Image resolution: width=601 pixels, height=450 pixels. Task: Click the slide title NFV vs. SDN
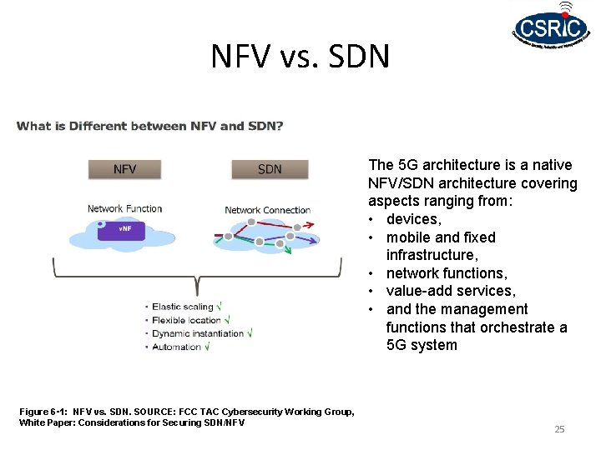coord(300,57)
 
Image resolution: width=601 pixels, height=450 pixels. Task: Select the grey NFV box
coord(125,169)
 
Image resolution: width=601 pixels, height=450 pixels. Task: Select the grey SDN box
coord(270,169)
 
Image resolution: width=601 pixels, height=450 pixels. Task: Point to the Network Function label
coord(125,208)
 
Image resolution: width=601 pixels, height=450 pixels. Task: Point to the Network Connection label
coord(267,210)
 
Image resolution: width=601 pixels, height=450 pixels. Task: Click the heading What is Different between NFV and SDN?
coord(149,127)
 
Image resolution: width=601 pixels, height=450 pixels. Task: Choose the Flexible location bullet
coord(186,320)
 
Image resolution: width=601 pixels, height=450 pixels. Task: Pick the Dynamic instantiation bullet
coord(198,333)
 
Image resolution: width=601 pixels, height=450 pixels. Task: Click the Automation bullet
coord(176,347)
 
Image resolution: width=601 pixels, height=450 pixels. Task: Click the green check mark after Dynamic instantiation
coord(249,332)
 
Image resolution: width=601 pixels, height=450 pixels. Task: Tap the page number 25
coord(559,429)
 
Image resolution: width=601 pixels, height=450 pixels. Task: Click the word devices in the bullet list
coord(413,219)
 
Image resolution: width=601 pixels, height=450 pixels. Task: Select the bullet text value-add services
coord(451,291)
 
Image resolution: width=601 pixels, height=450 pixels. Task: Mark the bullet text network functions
coord(446,273)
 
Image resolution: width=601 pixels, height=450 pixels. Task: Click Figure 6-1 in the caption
coord(43,412)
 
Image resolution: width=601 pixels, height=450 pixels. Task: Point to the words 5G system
coord(422,345)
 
